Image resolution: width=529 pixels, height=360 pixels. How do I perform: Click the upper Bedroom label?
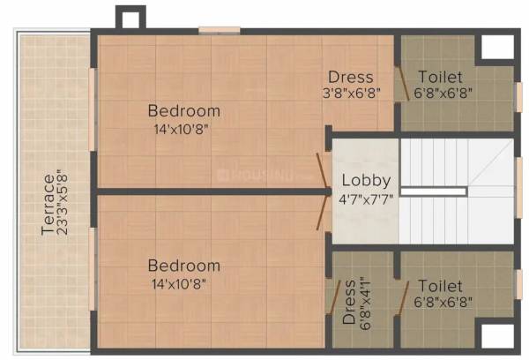[183, 111]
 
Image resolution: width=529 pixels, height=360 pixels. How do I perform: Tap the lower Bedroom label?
[183, 266]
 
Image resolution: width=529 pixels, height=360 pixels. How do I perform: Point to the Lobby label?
[366, 182]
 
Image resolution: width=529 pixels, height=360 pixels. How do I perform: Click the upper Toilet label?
[440, 77]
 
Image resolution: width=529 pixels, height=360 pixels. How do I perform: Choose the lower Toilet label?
[440, 286]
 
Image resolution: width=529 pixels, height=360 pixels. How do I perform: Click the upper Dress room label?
[350, 77]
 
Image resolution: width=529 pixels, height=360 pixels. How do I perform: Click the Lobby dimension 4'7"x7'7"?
[367, 199]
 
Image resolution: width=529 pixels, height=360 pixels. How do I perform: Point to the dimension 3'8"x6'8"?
[351, 94]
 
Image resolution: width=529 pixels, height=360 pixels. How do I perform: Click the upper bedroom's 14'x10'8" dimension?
[183, 128]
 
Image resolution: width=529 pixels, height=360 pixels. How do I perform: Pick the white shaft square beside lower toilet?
[496, 335]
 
